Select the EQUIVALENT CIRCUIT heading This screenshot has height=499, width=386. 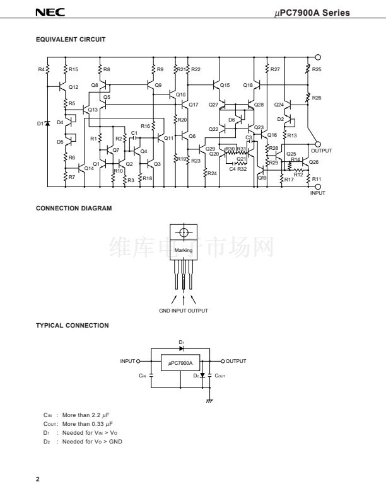[x=71, y=39]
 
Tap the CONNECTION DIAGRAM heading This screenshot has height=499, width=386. [x=74, y=208]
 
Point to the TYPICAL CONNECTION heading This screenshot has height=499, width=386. [x=73, y=326]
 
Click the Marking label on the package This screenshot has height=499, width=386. [x=183, y=250]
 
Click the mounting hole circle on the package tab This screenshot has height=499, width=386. [x=184, y=232]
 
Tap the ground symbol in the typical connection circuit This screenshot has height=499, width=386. [x=209, y=400]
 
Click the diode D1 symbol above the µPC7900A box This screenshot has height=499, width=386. [x=181, y=348]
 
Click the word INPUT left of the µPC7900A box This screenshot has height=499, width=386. [x=128, y=361]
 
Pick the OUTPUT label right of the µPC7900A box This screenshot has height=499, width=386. [x=236, y=361]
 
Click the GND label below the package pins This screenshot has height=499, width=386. [x=165, y=311]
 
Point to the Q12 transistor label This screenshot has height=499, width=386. [x=73, y=87]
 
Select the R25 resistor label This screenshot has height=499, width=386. [x=317, y=69]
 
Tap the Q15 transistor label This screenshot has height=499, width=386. [x=225, y=84]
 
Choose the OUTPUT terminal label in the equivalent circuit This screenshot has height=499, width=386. [x=321, y=151]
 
